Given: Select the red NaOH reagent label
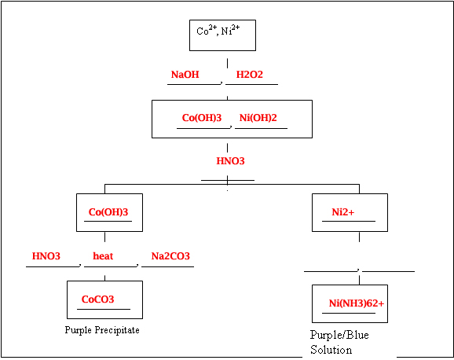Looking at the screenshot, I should coord(185,75).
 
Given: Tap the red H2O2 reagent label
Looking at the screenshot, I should coord(250,75).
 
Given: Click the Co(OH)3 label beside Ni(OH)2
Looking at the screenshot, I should coord(202,118).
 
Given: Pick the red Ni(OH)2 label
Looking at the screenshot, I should coord(258,118).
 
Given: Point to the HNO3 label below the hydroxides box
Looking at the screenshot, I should coord(231,161).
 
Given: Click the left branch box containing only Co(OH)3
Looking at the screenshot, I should coord(108,212).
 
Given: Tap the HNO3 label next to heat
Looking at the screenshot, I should coord(46,256).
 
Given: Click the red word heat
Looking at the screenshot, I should coord(103,256).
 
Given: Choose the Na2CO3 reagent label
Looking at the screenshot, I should coord(170,256).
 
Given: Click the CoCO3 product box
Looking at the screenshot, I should coord(104,299).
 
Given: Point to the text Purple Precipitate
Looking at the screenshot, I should coord(102,330).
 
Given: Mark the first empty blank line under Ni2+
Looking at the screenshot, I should coord(330,270).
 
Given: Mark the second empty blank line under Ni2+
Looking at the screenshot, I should coord(388,270).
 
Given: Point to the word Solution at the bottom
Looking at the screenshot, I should coord(331,350).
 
